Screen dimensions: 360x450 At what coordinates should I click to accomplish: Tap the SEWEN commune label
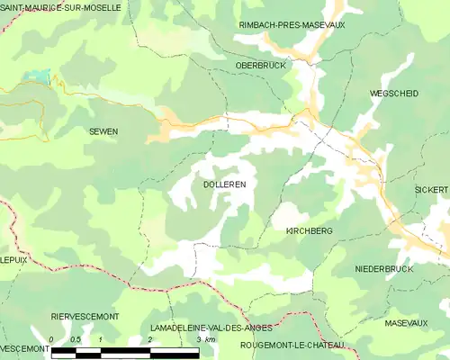click(103, 131)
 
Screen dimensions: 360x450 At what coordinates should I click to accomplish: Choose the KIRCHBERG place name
click(309, 231)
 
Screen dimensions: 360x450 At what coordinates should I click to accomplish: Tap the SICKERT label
click(430, 191)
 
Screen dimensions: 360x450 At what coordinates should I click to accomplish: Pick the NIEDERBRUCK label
click(383, 268)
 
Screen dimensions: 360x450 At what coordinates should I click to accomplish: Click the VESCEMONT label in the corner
click(23, 347)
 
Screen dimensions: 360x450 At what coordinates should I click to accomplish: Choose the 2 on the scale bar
click(149, 339)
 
